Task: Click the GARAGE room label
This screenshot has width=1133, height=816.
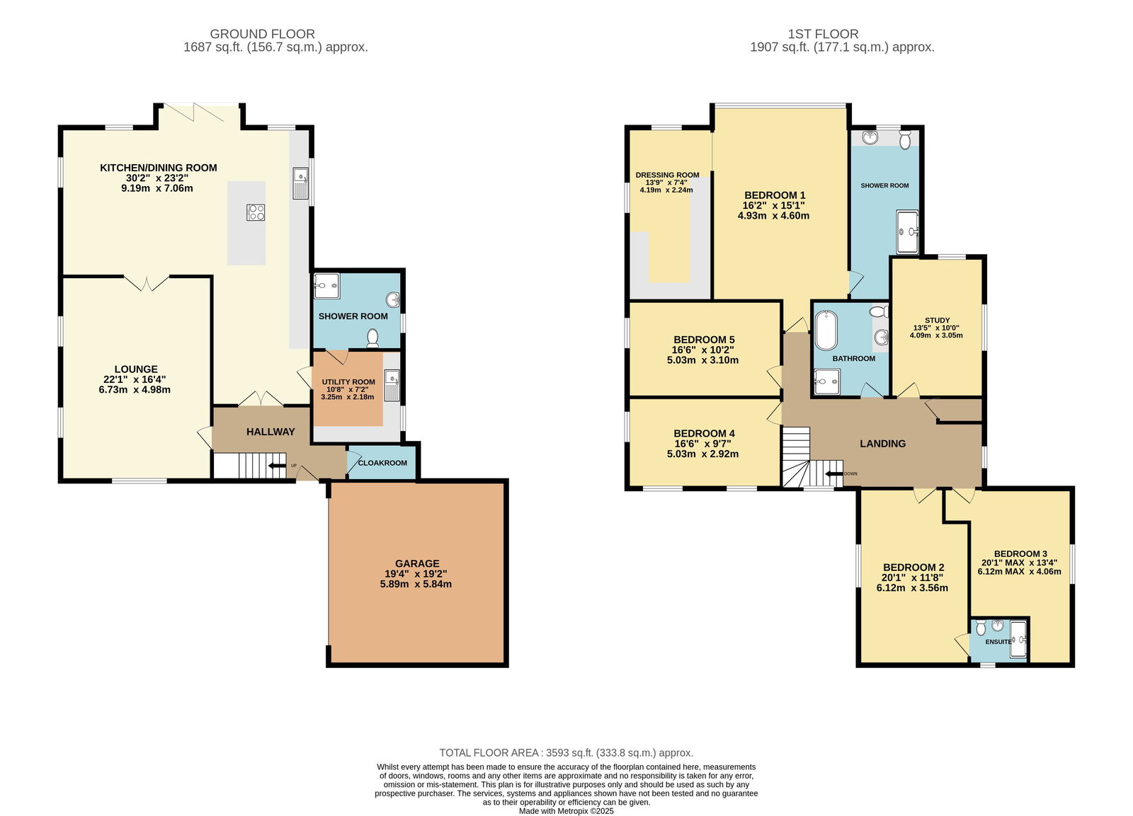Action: tap(417, 563)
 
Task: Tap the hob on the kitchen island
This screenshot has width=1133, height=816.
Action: tap(256, 212)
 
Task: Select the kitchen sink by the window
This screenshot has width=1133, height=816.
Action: tap(300, 183)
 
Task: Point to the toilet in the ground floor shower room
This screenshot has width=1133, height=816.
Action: tap(372, 338)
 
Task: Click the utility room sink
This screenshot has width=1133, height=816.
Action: tap(392, 385)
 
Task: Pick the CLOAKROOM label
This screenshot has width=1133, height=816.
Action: tap(382, 463)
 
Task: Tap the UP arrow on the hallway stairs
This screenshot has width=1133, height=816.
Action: tap(277, 466)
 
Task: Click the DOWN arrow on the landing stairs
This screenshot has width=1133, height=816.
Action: tap(835, 473)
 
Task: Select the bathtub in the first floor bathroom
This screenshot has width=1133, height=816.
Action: tap(826, 330)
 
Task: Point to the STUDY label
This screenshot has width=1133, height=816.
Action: tap(938, 320)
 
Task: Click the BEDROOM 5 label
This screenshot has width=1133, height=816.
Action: tap(704, 340)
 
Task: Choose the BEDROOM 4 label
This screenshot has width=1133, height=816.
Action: tap(704, 433)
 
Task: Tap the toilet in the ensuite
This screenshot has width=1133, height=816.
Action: tap(981, 628)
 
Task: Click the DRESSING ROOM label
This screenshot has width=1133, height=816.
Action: tap(667, 175)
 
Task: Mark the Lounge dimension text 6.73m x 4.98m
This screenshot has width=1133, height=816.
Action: tap(135, 390)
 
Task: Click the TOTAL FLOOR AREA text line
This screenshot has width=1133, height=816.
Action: tap(566, 753)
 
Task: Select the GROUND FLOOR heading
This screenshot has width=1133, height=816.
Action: tap(262, 34)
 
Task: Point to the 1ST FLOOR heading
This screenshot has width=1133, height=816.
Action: tap(823, 34)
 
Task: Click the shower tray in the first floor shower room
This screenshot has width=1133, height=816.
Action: tap(907, 231)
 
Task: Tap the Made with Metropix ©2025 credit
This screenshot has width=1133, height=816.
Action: tap(566, 811)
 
